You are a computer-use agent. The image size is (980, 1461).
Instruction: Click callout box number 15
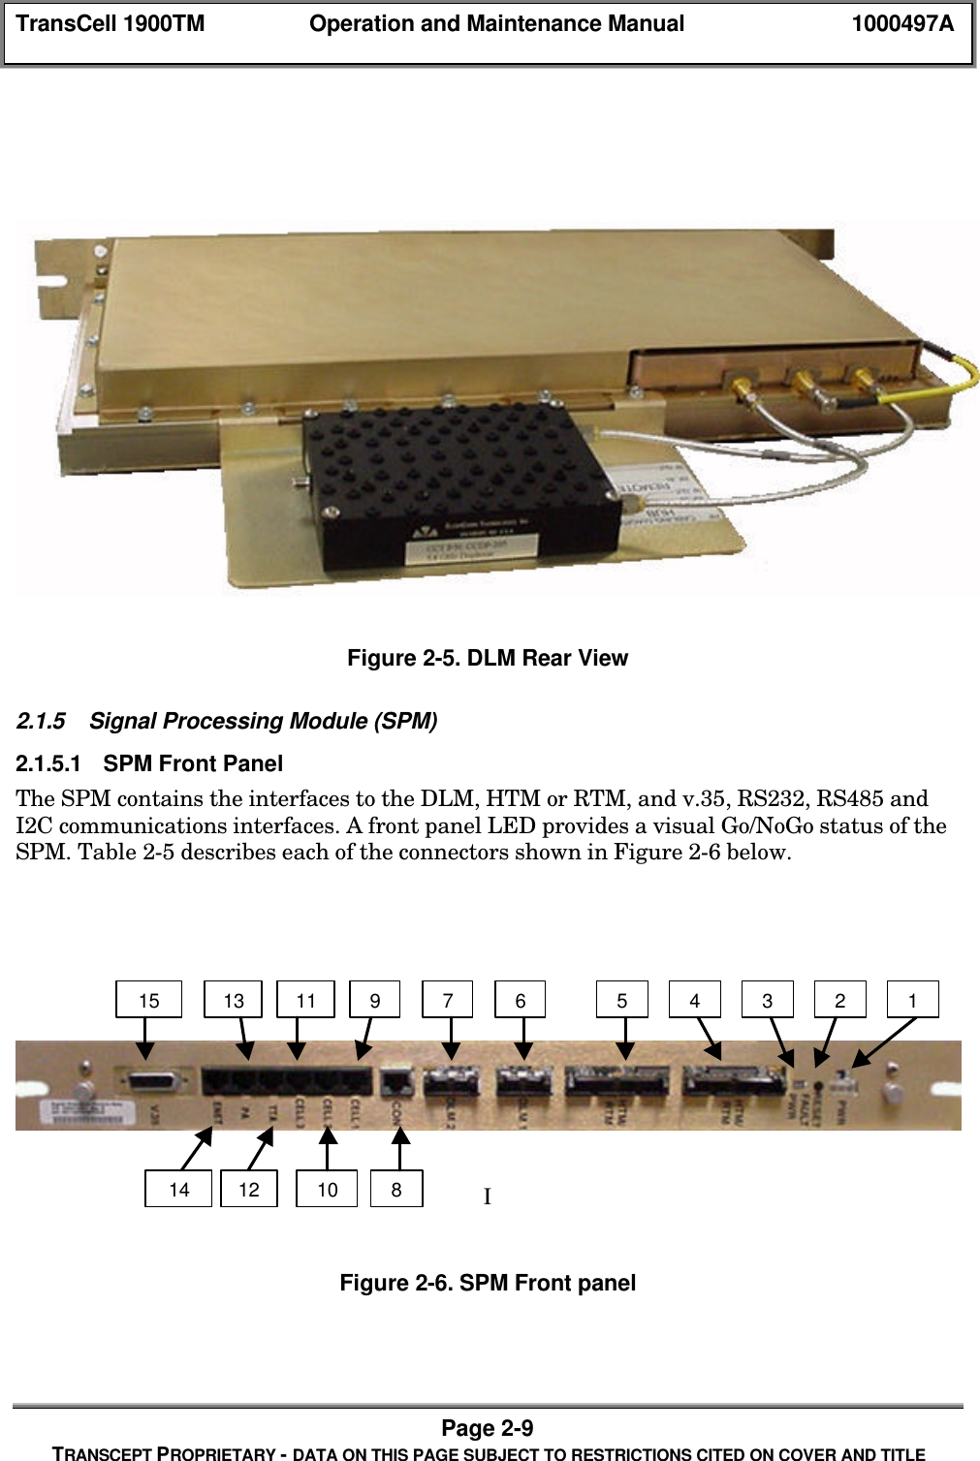(x=148, y=1000)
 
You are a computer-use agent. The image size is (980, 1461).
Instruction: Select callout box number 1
(x=912, y=1000)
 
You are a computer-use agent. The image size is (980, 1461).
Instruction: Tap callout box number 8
(x=396, y=1189)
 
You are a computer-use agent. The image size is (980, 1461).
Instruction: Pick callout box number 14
(x=178, y=1189)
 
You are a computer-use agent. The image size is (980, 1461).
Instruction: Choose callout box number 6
(x=521, y=1000)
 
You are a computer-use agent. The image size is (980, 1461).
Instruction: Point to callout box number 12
(x=249, y=1189)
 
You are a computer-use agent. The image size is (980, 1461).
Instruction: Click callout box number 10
(x=328, y=1189)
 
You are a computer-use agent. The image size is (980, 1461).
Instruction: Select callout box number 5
(x=621, y=1000)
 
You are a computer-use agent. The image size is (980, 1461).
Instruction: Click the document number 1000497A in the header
(x=901, y=24)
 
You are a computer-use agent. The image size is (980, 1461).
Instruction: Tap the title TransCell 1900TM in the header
(x=111, y=24)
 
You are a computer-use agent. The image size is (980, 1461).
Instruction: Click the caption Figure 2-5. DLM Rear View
(x=488, y=659)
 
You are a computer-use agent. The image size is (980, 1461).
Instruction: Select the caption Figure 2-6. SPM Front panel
(x=488, y=1284)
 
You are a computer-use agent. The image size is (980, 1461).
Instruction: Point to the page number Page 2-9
(x=488, y=1428)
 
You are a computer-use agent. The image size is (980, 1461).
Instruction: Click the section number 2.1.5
(x=41, y=722)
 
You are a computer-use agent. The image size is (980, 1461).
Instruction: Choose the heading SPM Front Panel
(x=193, y=764)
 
